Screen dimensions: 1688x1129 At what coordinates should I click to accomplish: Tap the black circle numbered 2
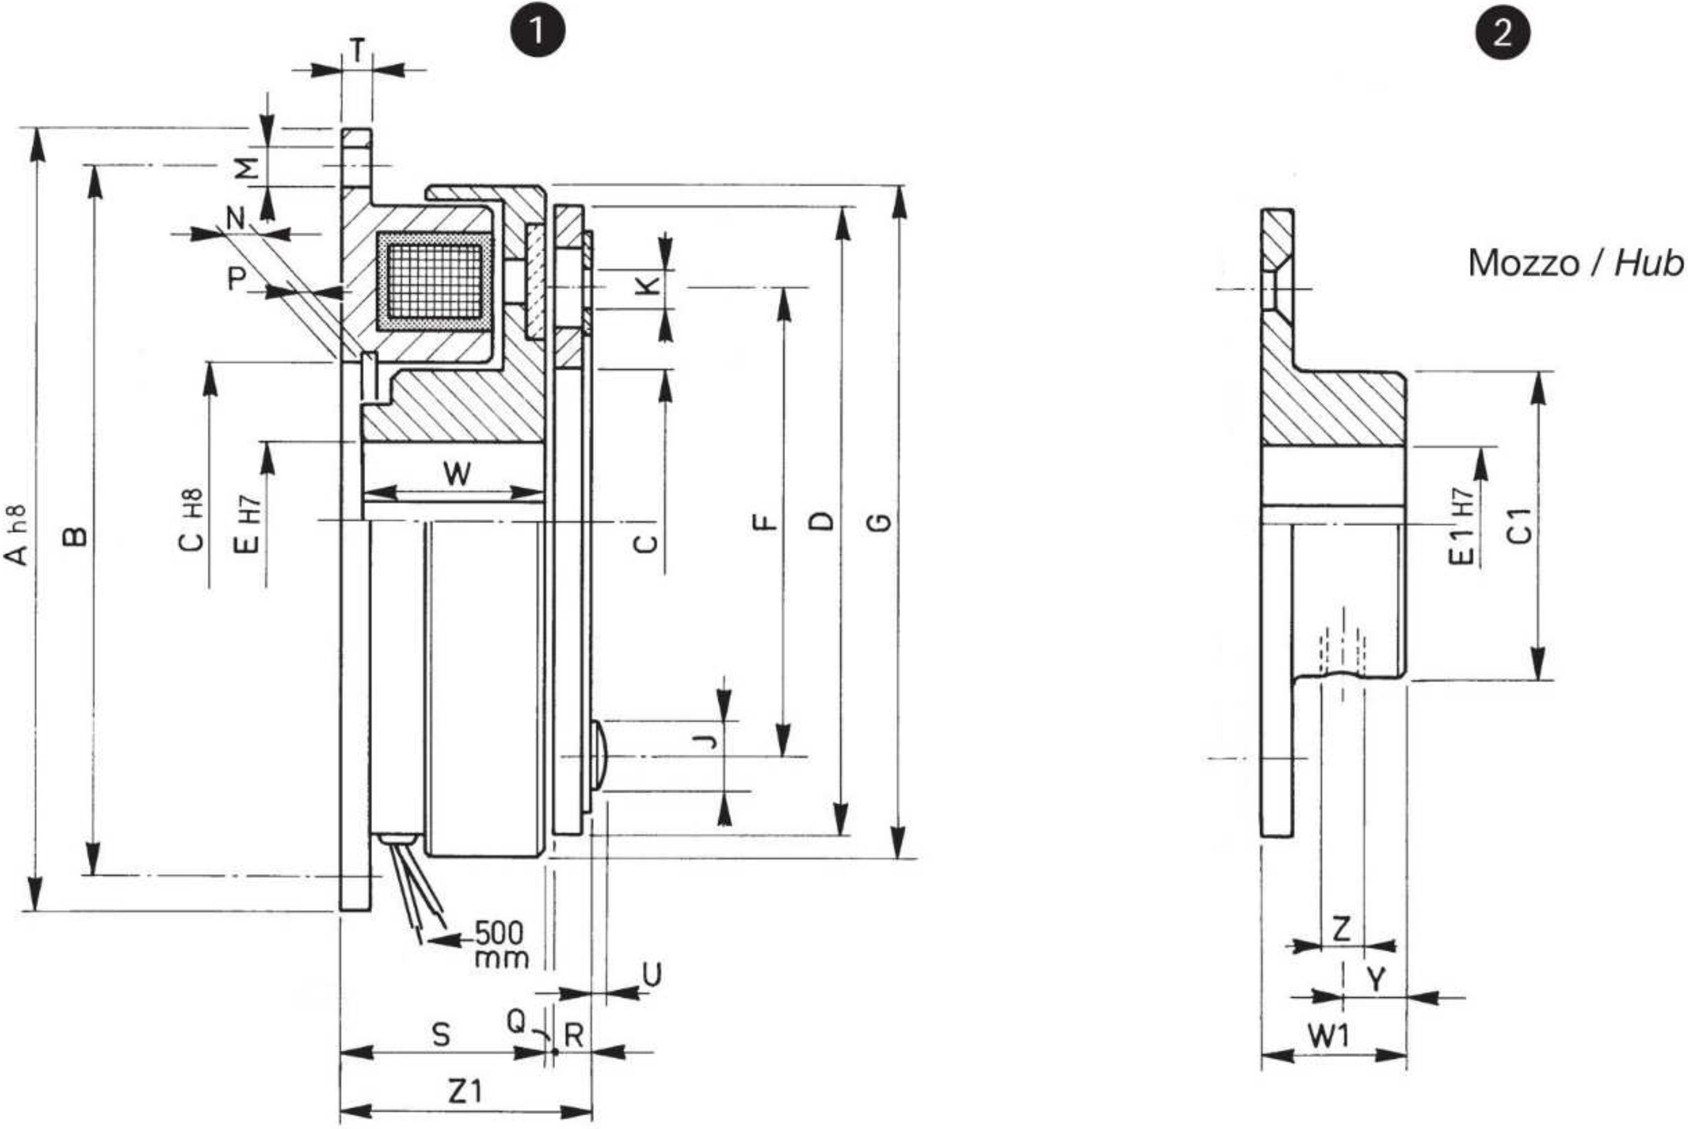1503,32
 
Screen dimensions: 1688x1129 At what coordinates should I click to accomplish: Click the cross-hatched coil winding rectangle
434,282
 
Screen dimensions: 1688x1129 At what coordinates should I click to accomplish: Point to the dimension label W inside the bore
457,473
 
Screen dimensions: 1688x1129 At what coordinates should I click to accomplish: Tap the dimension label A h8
17,534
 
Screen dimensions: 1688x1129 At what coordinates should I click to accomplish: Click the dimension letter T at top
357,50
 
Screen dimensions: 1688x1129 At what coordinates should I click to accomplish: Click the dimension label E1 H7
1462,526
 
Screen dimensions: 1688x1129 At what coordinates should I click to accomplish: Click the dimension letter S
441,1035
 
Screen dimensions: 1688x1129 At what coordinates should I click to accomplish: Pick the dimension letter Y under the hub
1376,979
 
